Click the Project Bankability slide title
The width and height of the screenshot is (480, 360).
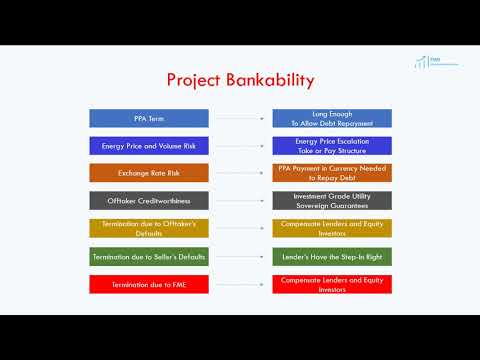pyautogui.click(x=240, y=79)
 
